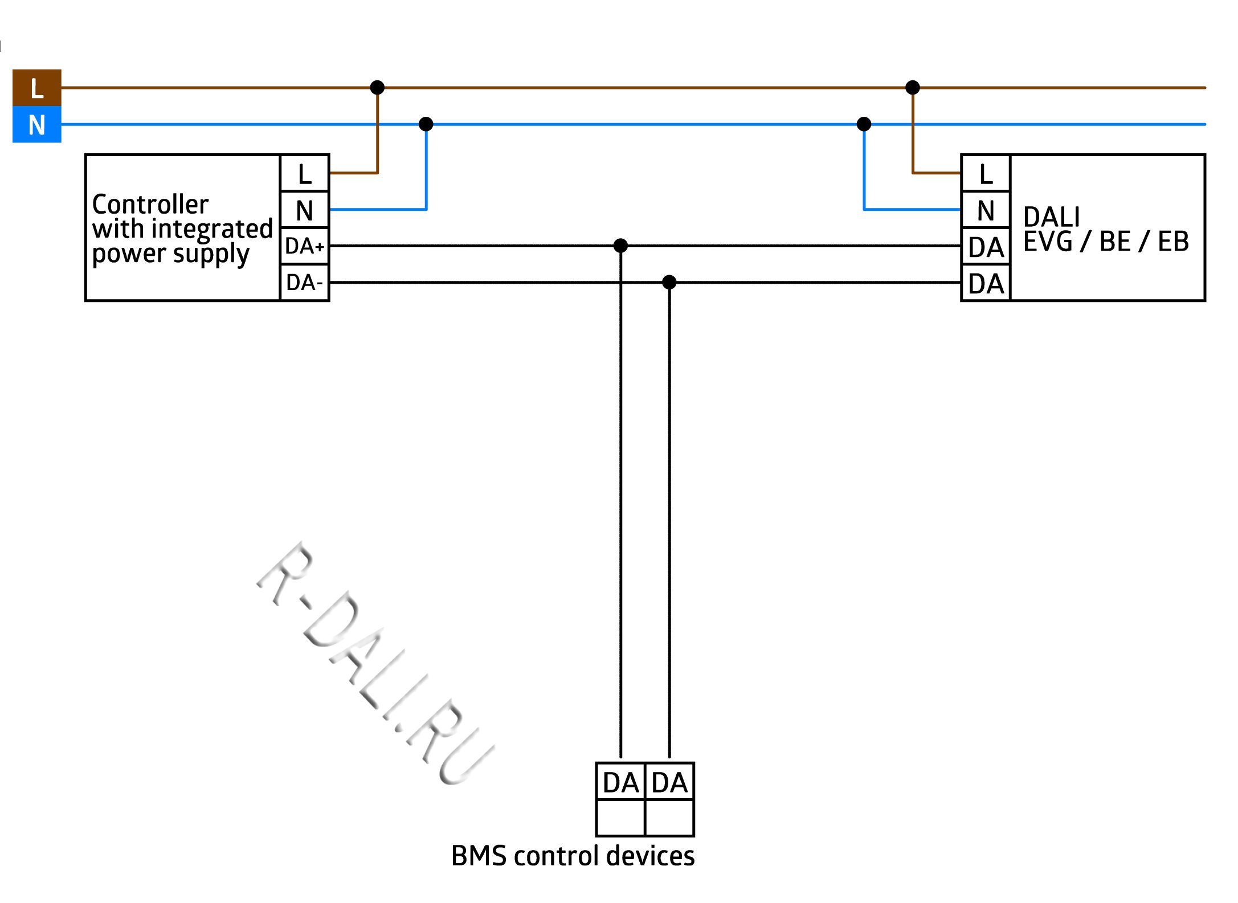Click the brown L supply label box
(x=36, y=88)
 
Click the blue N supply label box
(x=36, y=124)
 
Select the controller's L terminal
(x=305, y=173)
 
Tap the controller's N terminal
(x=305, y=210)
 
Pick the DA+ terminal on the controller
(x=305, y=246)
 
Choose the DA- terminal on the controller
(x=305, y=283)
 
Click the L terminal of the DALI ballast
(x=986, y=173)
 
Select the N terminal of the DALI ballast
(x=986, y=210)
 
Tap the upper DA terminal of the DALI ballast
(x=986, y=247)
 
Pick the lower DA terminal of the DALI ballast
(x=986, y=283)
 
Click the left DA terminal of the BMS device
(x=620, y=782)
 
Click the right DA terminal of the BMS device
(x=669, y=782)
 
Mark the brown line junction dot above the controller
(x=377, y=87)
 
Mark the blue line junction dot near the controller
(x=426, y=124)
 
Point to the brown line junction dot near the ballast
(x=913, y=87)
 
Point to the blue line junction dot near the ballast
(x=864, y=124)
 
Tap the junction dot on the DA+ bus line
(x=620, y=246)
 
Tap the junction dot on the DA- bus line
(x=669, y=282)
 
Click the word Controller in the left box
(x=150, y=204)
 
